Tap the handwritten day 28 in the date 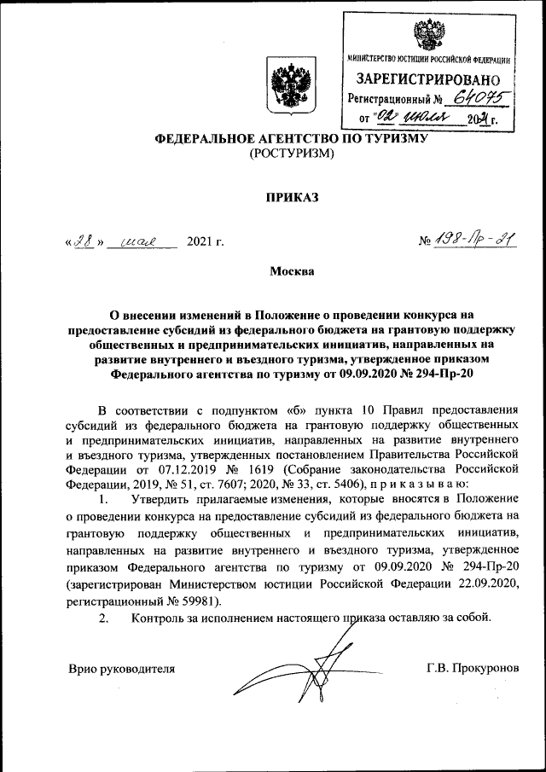84,241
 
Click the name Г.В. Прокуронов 473,668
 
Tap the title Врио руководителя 122,668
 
